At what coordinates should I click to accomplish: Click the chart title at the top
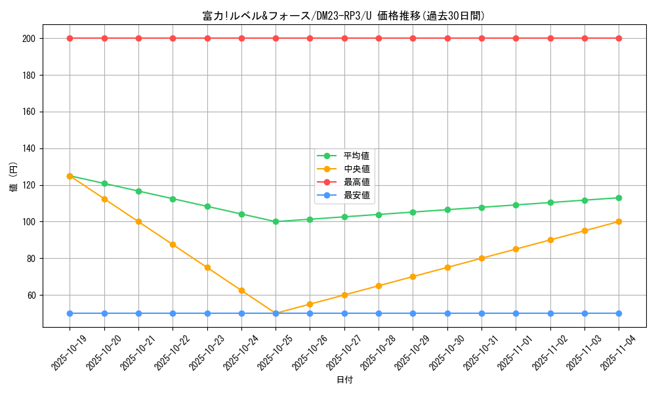(x=344, y=16)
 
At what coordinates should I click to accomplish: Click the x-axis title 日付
(x=344, y=380)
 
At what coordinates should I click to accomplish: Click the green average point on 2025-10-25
(x=276, y=221)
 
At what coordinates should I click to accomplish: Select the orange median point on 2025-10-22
(x=173, y=244)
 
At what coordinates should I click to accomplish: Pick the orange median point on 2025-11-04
(x=619, y=221)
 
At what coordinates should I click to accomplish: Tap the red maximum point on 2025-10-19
(x=70, y=38)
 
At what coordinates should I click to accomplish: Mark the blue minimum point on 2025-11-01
(x=516, y=313)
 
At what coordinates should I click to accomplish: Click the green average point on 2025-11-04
(x=619, y=198)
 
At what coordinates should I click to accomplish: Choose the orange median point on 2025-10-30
(x=447, y=267)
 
